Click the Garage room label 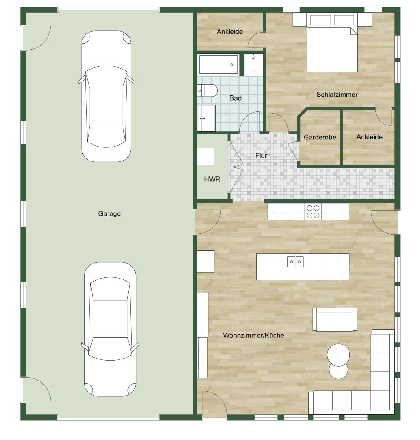(x=109, y=214)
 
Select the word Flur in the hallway (x=261, y=155)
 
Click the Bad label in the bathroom (x=235, y=98)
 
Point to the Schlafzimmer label (x=337, y=95)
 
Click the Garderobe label (x=320, y=137)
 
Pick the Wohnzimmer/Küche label (x=253, y=335)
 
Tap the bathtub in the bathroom (x=219, y=64)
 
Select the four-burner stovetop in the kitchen (x=313, y=212)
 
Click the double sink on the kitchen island (x=295, y=262)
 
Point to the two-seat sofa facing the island (x=335, y=319)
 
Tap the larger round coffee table (x=338, y=354)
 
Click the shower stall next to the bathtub (x=253, y=64)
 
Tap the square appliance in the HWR (x=205, y=156)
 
